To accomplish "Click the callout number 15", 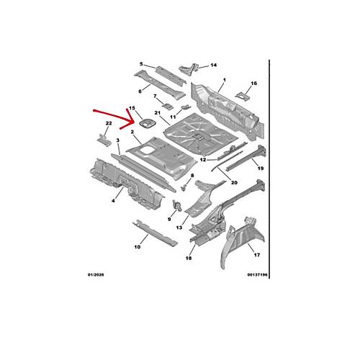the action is coord(132,108).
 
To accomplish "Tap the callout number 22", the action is coord(109,123).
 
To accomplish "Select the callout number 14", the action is coord(214,65).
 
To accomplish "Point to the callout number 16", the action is coord(254,84).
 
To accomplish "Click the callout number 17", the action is coord(257,255).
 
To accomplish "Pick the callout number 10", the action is coord(138,247).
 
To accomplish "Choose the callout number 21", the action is coord(157,113).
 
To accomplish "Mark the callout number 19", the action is coord(261,168).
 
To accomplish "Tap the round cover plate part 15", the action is coord(148,124).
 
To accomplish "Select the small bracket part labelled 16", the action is coord(243,96).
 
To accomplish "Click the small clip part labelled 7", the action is coord(167,106).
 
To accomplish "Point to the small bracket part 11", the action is coord(186,107).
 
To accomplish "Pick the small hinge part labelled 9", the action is coord(177,206).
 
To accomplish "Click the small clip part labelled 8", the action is coord(184,187).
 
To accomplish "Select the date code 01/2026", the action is coord(96,275).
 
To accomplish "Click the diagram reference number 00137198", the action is coord(258,275).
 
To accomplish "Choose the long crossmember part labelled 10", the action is coord(155,233).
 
